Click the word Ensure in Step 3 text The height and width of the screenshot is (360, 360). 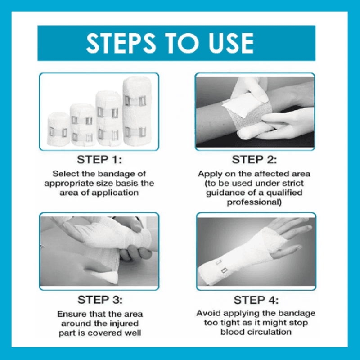pyautogui.click(x=70, y=314)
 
